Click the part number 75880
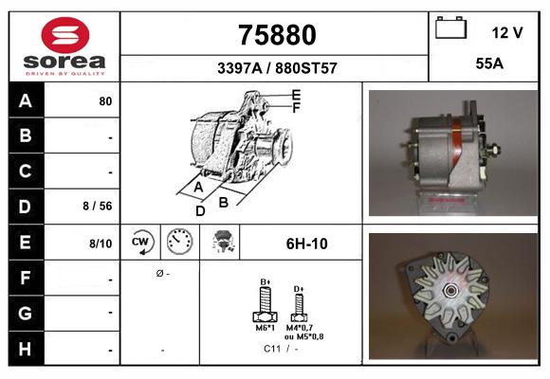tap(275, 35)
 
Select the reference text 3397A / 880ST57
tap(275, 68)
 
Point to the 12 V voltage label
tap(507, 32)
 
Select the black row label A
tap(25, 99)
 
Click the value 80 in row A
tap(105, 100)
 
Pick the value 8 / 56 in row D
tap(99, 205)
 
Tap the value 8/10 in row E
tap(101, 244)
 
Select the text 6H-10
tap(306, 244)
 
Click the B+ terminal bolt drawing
tap(266, 303)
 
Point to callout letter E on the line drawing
tap(296, 95)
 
